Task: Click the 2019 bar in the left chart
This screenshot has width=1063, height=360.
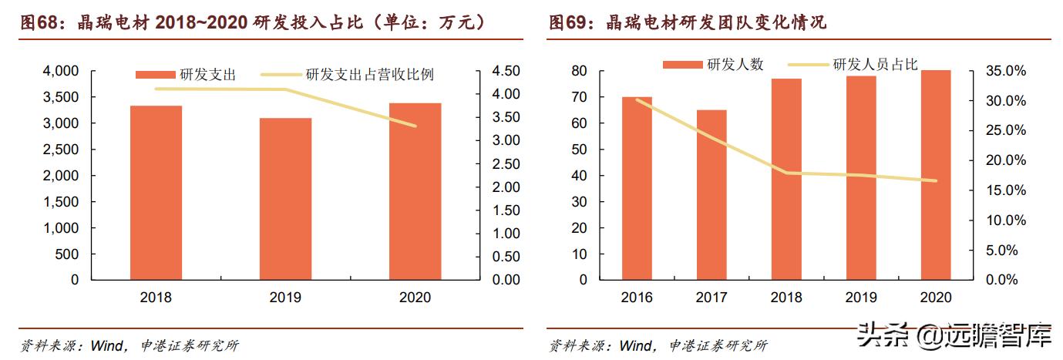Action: [x=285, y=198]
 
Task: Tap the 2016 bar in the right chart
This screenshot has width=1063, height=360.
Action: [x=637, y=188]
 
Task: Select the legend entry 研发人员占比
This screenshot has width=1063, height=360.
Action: [x=864, y=65]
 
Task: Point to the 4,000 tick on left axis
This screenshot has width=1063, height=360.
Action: [x=59, y=71]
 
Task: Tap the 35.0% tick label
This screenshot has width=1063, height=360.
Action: [x=1006, y=71]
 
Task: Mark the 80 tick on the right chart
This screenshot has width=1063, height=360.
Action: [x=580, y=71]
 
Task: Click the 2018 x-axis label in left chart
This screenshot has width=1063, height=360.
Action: [x=156, y=297]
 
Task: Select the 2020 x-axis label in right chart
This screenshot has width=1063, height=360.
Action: [x=936, y=297]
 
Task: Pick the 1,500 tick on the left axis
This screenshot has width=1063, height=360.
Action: [x=59, y=202]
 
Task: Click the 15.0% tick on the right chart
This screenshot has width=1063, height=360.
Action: [x=1006, y=190]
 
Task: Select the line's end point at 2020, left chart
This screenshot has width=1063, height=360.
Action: [x=415, y=126]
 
